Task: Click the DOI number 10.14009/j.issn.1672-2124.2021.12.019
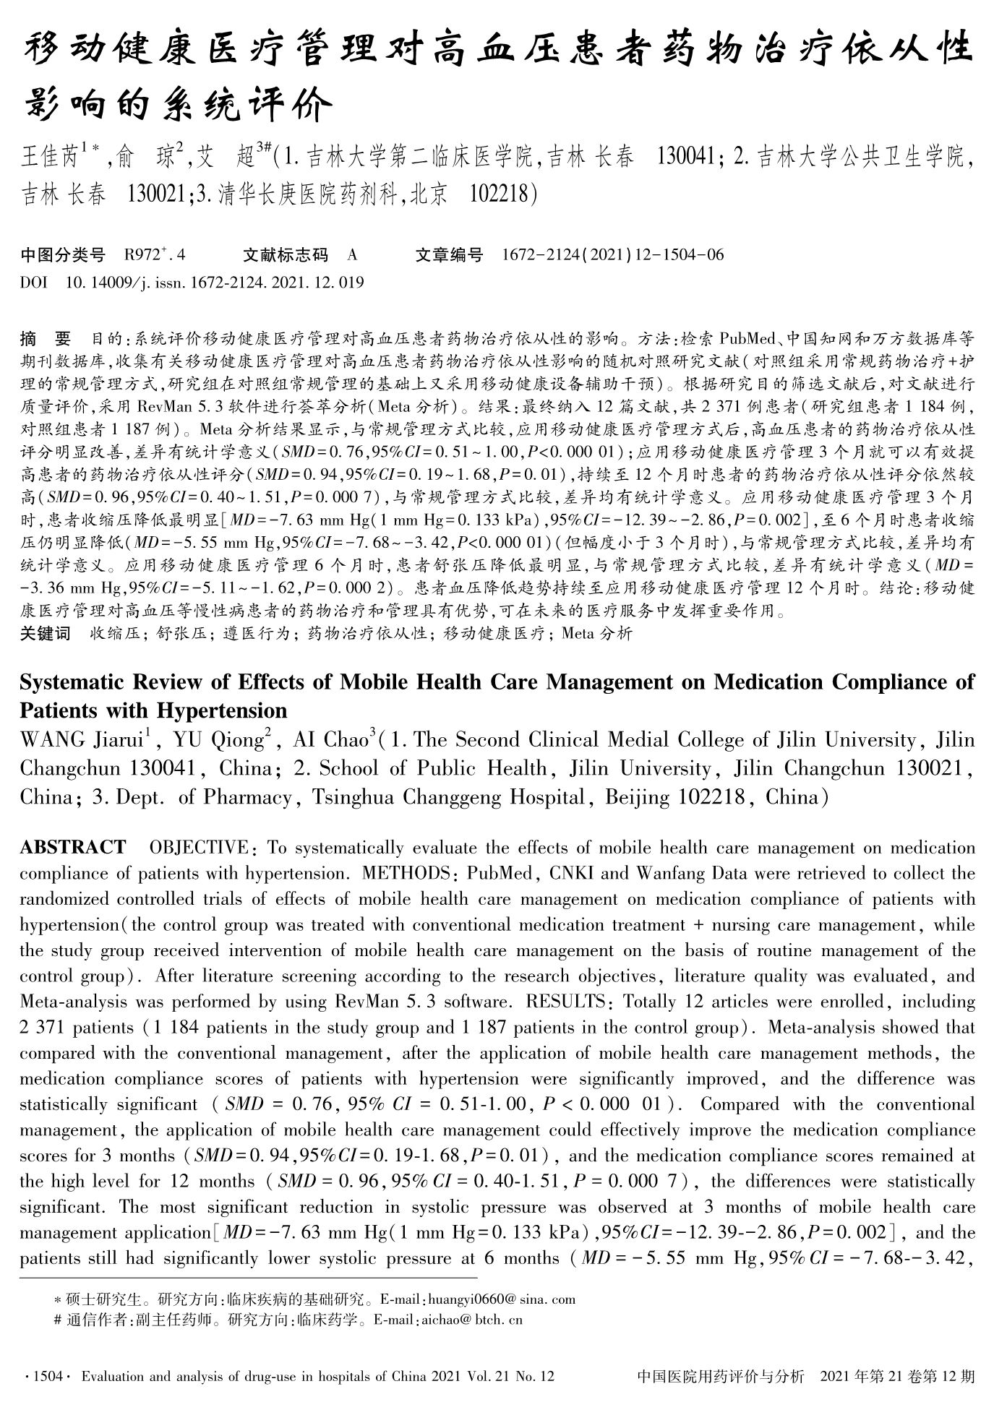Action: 215,283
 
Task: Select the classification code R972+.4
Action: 155,255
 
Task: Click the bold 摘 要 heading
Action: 46,338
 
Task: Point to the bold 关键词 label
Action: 46,634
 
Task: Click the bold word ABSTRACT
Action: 73,847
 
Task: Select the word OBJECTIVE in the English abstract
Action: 197,847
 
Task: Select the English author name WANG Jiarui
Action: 85,741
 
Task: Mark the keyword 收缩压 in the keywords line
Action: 109,634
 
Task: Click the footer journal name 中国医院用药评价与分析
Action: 720,1377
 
